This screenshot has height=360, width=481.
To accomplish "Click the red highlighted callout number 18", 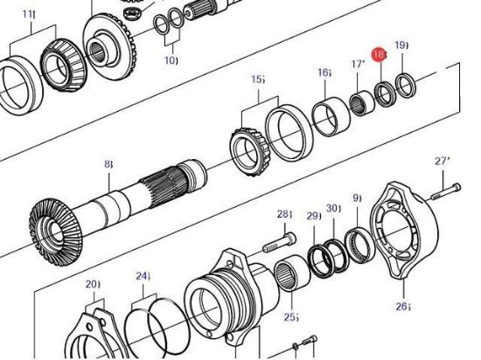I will click(379, 55).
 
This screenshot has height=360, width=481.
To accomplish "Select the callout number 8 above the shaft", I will click(108, 163).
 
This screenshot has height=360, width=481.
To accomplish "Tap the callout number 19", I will click(401, 45).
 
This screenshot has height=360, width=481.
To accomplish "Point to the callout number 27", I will click(442, 162).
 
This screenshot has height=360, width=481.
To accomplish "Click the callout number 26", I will click(401, 307).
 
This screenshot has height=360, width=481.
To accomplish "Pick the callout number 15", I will click(258, 80).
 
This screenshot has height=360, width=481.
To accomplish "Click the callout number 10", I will click(171, 60).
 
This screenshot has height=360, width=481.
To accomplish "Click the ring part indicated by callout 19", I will click(405, 85).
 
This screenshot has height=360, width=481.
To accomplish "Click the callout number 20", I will click(91, 285).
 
